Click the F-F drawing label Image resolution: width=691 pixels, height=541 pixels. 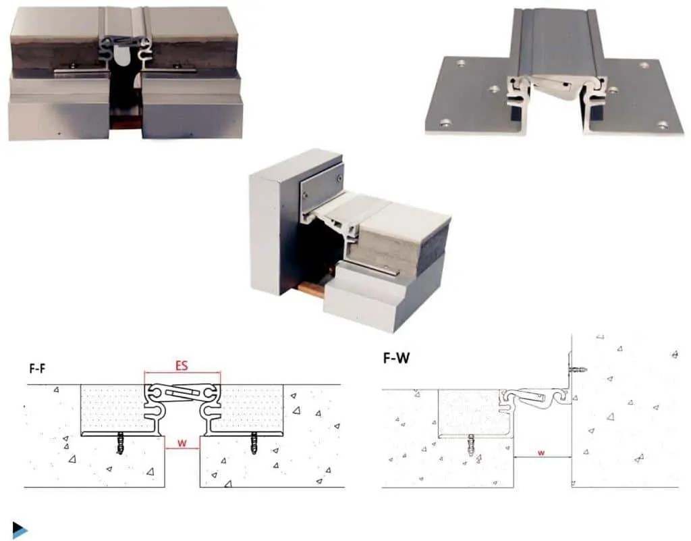click(x=37, y=368)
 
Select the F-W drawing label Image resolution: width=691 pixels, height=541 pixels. click(x=396, y=357)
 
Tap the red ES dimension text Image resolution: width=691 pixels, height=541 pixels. click(x=182, y=365)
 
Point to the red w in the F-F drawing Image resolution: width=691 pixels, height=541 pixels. click(x=182, y=443)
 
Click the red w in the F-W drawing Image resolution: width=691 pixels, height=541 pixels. click(x=541, y=453)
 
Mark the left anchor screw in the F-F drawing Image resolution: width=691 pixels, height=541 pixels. click(x=120, y=444)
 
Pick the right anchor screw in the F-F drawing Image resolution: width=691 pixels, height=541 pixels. click(x=254, y=444)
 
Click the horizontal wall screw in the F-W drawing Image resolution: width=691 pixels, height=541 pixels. click(x=578, y=369)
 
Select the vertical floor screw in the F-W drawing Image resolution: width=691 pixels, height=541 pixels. click(x=470, y=445)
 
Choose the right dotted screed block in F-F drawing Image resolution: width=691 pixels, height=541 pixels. click(x=251, y=409)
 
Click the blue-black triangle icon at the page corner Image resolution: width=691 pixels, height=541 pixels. click(x=20, y=529)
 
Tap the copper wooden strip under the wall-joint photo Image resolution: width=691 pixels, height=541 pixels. click(x=312, y=288)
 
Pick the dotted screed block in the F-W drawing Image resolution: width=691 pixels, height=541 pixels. click(x=469, y=413)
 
